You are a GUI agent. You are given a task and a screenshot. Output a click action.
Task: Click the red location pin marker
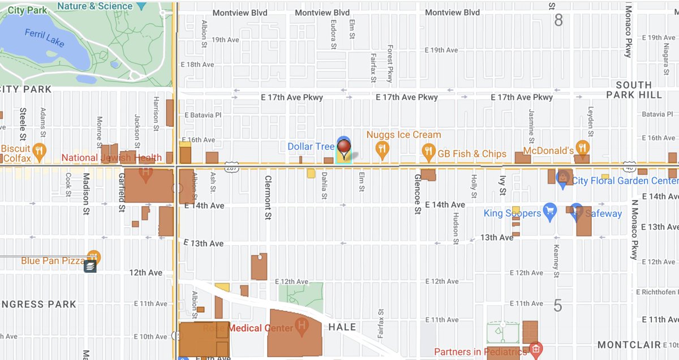click(x=344, y=145)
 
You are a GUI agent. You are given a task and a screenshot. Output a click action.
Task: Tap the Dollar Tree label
click(x=311, y=147)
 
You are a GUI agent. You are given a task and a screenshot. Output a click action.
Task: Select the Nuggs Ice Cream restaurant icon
click(x=383, y=149)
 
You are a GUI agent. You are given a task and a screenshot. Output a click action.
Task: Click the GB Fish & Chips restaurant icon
click(x=428, y=151)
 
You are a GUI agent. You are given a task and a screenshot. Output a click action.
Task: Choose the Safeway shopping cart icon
click(x=576, y=211)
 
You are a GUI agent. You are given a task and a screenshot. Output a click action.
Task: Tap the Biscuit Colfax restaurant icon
click(x=38, y=150)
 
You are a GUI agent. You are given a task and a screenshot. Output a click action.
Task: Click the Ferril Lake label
click(x=44, y=37)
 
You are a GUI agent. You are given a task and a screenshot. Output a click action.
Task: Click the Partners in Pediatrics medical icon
click(x=535, y=349)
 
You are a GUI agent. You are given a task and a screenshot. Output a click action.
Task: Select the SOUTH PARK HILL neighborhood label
click(x=633, y=90)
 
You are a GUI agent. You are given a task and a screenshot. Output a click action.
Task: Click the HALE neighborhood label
click(x=342, y=327)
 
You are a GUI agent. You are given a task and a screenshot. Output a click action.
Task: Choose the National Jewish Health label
click(x=111, y=158)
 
